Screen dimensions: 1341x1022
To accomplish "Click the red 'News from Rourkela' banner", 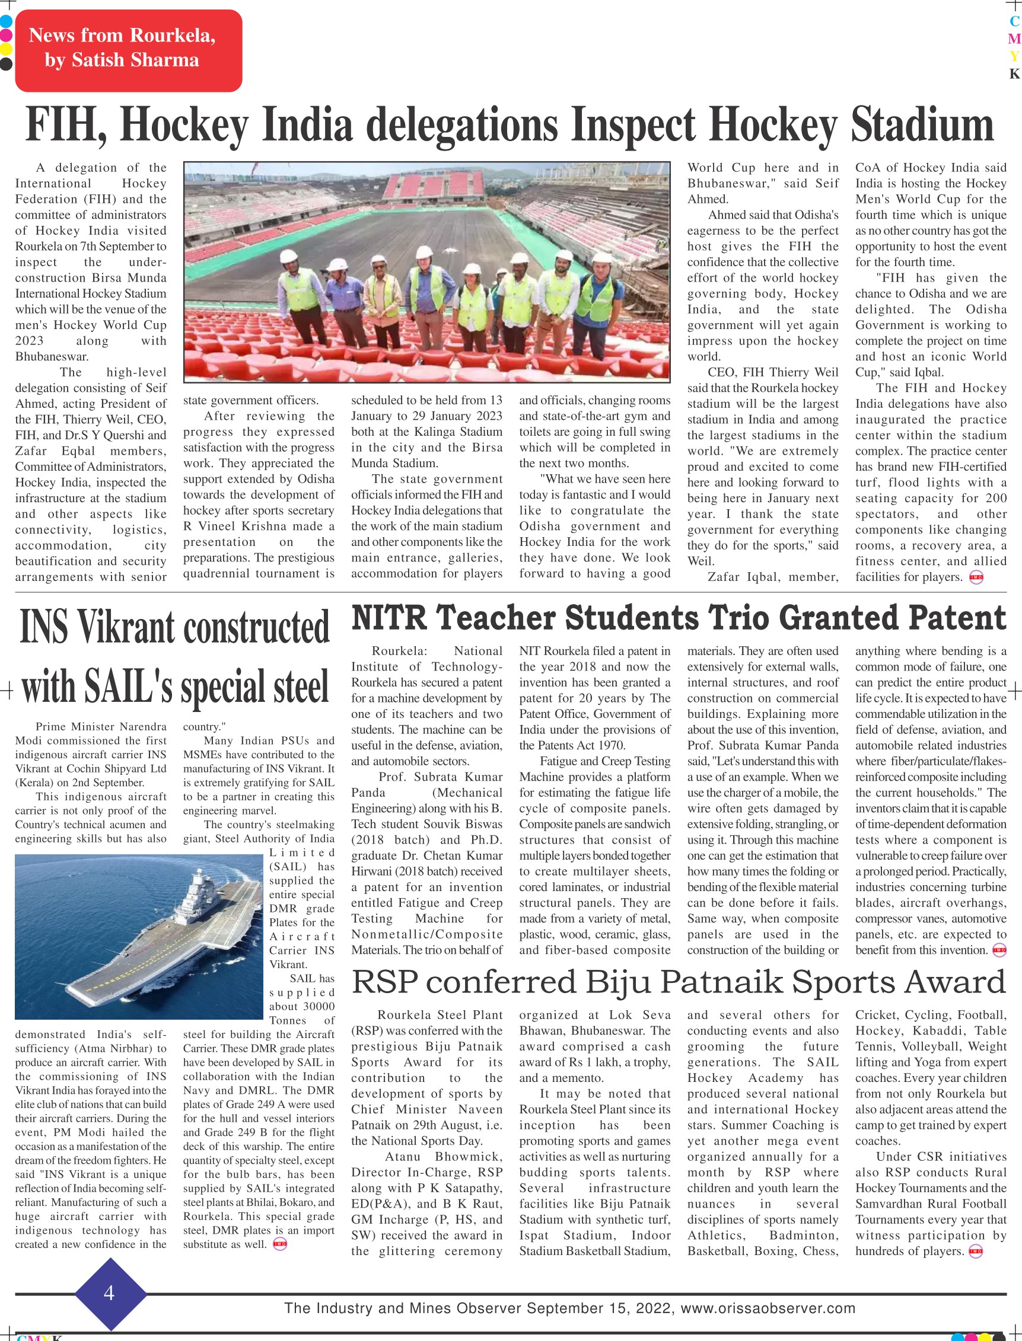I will point(128,50).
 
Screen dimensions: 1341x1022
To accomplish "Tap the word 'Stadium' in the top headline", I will point(922,124).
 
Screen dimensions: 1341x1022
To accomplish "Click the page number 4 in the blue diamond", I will point(110,1293).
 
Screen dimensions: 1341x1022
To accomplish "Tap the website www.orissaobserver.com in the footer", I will point(768,1308).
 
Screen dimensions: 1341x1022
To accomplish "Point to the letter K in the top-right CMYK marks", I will point(1014,74).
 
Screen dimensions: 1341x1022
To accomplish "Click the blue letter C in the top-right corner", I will point(1014,21).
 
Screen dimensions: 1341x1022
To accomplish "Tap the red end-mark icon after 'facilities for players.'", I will point(976,577).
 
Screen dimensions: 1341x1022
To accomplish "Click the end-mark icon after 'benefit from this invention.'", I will point(999,950).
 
